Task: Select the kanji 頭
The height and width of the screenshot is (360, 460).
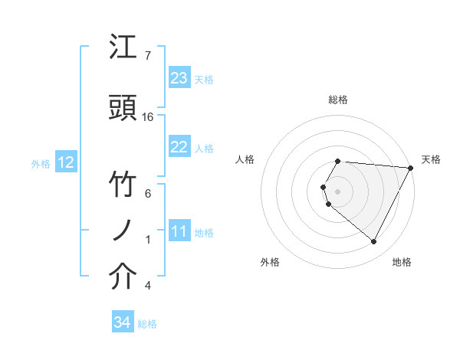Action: point(123,108)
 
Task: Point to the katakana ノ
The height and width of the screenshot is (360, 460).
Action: point(123,231)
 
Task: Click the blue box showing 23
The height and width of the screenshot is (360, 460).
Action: point(179,78)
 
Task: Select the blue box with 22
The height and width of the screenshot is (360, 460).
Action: point(179,147)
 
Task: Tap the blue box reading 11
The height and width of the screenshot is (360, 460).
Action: point(179,232)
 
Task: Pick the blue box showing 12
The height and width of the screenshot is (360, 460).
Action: point(65,162)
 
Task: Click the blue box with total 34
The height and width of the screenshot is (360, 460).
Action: point(122,323)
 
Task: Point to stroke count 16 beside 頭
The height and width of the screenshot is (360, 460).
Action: point(148,116)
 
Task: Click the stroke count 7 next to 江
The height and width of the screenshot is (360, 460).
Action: point(148,55)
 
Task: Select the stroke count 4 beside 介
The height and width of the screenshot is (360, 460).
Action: point(148,286)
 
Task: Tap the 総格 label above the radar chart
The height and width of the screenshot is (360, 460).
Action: point(338,100)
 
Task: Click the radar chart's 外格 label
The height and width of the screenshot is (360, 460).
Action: point(270,262)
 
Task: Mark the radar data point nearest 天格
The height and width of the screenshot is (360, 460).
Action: point(411,168)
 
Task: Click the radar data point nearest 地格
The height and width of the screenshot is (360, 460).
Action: point(374,242)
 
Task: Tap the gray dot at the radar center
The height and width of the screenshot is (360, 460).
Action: point(338,191)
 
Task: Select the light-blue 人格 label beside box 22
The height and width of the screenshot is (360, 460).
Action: point(204,148)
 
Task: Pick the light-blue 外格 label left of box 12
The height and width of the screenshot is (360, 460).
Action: point(41,163)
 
